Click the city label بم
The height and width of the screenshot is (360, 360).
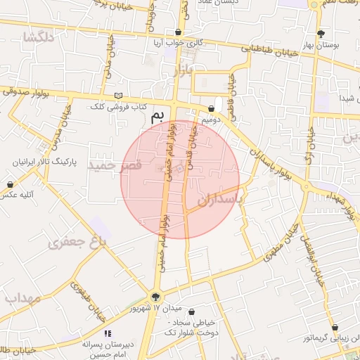point(162,115)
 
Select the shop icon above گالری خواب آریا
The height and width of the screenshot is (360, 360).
point(179,32)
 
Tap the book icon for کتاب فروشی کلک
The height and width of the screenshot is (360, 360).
point(118,96)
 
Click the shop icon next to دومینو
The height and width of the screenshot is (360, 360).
point(212,108)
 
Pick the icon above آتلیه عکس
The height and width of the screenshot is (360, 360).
point(10,184)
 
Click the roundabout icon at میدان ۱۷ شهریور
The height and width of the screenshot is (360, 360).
point(155,297)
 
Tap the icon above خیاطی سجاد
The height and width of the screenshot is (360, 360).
point(192,312)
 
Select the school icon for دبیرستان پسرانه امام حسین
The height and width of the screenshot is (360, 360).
point(108,333)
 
